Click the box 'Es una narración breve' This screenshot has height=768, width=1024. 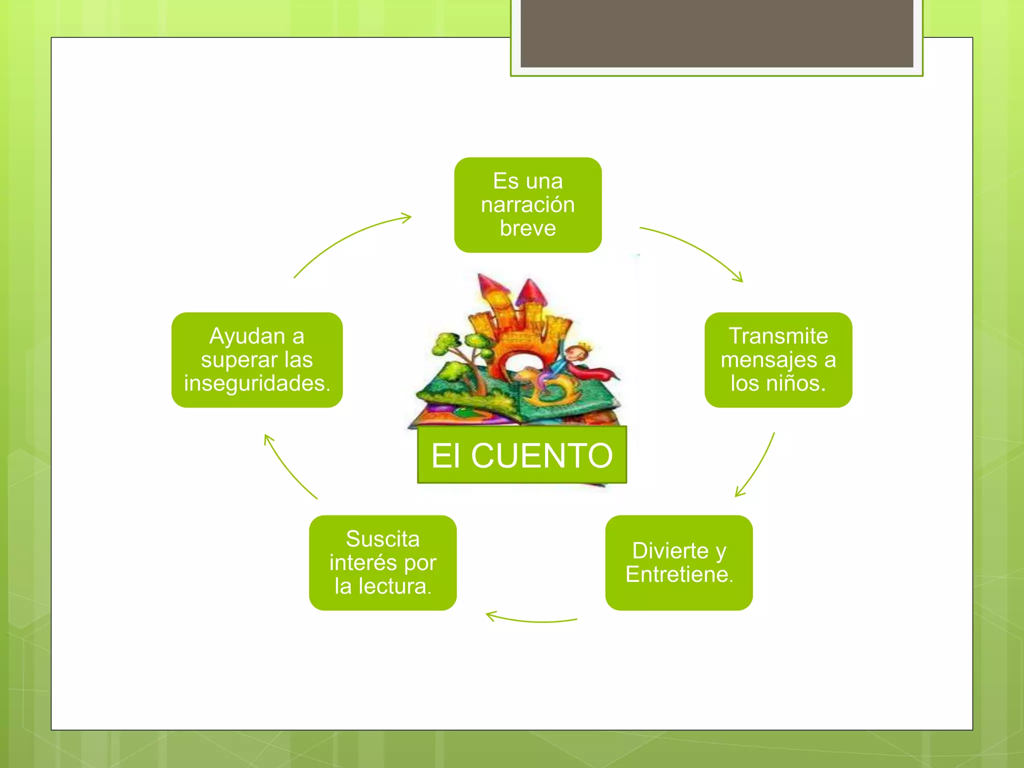pos(527,204)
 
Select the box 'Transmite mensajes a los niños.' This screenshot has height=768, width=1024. pos(778,359)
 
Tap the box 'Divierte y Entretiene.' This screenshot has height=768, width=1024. pos(678,562)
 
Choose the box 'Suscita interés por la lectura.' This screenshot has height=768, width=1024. pos(382,562)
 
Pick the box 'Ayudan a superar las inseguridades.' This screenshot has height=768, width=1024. pos(257,359)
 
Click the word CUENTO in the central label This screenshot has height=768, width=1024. pos(542,455)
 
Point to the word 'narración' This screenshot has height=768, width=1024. pos(527,205)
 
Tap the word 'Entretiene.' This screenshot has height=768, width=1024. pos(679,574)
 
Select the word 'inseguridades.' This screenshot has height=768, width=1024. pos(257,383)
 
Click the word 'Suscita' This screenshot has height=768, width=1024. pos(382,539)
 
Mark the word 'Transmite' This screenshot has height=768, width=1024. pos(778,336)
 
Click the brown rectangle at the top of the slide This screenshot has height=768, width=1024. pos(716,33)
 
